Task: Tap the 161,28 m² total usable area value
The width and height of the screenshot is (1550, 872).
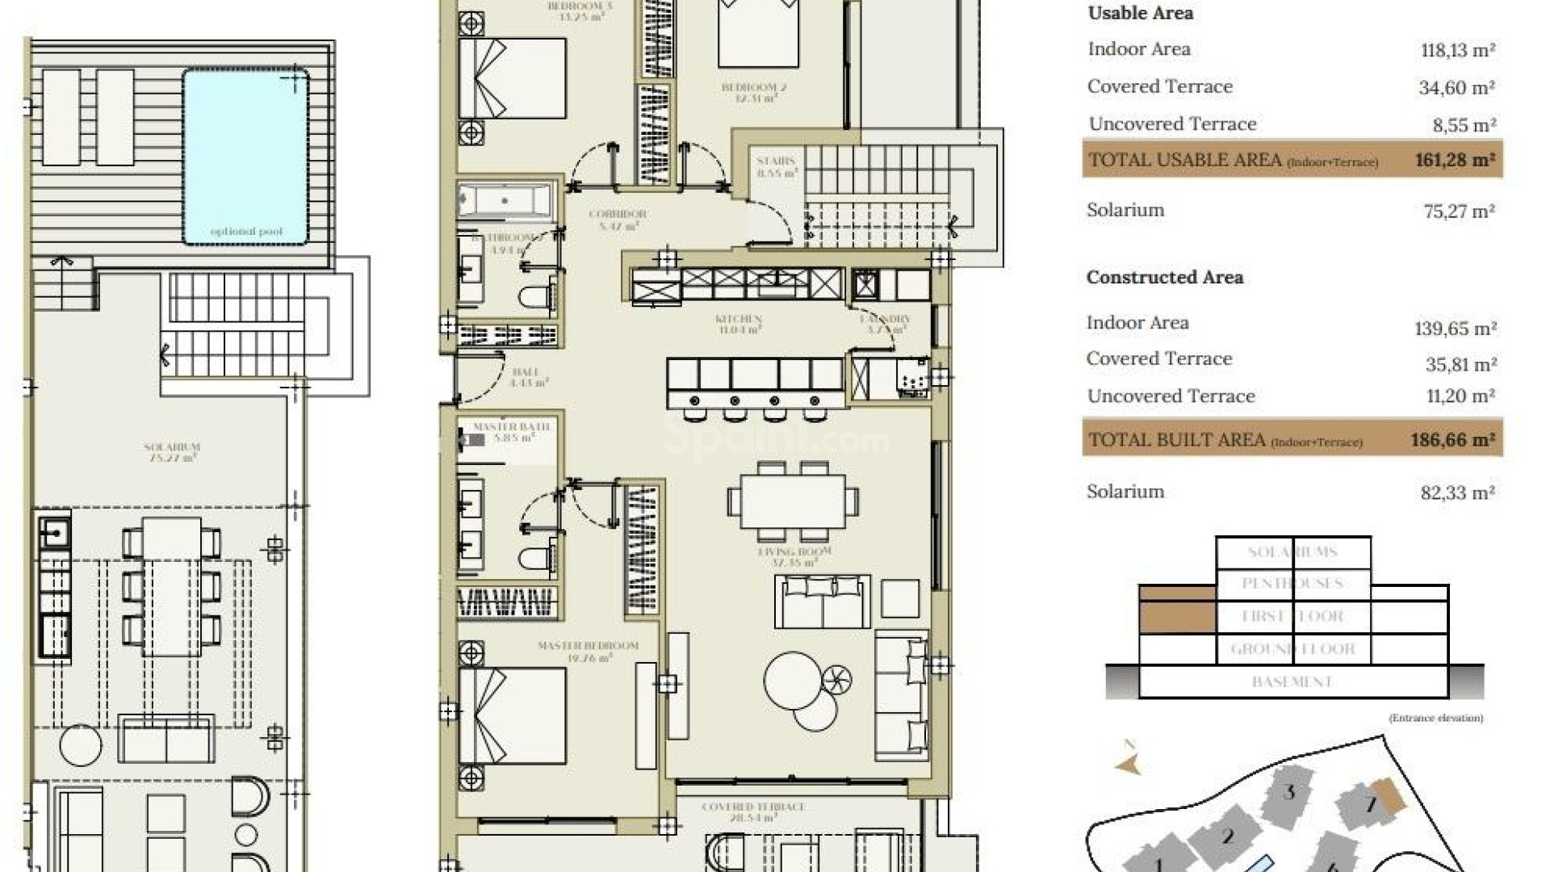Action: point(1455,160)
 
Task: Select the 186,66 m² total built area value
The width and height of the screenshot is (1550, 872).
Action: point(1452,440)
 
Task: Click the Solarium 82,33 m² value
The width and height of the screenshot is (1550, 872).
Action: point(1458,493)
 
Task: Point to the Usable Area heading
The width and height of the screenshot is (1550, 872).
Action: point(1140,13)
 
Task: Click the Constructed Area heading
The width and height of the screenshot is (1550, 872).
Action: point(1164,278)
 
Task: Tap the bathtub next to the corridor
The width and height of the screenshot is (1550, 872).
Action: point(505,200)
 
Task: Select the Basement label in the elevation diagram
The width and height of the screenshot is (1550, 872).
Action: point(1292,681)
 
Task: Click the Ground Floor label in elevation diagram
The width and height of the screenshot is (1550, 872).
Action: point(1292,648)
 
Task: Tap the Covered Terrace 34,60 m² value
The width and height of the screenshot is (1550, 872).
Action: point(1457,87)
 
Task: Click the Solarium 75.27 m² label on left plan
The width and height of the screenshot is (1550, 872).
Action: point(171,451)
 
